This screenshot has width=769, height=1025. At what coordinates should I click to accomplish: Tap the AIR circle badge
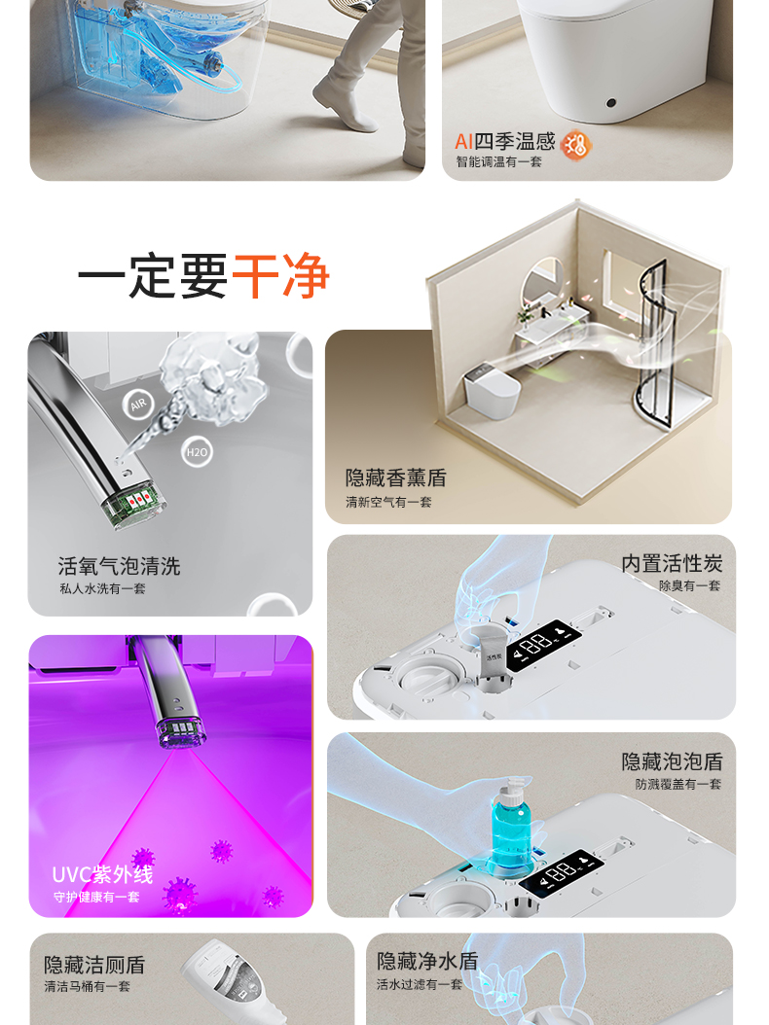(138, 405)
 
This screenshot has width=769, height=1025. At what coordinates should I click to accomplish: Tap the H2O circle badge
(197, 451)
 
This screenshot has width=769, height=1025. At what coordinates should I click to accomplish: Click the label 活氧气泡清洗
(119, 566)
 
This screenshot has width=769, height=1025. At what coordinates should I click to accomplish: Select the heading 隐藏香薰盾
(395, 477)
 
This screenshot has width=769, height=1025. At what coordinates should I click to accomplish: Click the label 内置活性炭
(672, 564)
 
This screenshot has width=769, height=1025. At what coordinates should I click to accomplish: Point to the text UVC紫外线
(102, 874)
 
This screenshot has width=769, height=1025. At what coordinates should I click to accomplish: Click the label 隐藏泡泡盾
(672, 761)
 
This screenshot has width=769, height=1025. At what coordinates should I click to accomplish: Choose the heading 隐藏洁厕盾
(94, 964)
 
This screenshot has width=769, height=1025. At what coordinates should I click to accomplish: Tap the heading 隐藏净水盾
(427, 961)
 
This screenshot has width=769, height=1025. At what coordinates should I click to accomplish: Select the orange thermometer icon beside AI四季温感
(577, 144)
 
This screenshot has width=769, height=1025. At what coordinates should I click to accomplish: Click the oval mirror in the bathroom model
(545, 287)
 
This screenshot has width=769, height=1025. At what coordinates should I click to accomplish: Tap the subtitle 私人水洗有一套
(102, 588)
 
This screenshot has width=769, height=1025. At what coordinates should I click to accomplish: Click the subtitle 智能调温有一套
(498, 162)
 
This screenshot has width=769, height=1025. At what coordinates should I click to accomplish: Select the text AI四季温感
(503, 142)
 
